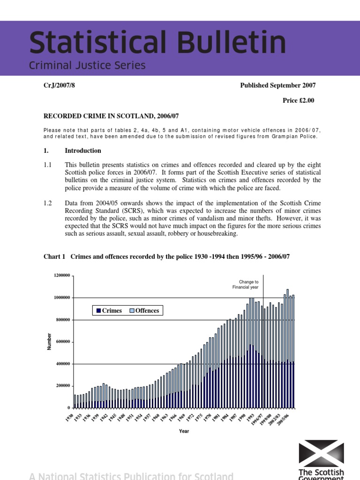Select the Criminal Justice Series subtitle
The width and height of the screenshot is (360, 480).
coord(87,66)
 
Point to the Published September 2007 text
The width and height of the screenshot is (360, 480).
coord(277,85)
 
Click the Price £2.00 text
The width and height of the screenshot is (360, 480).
coord(299,101)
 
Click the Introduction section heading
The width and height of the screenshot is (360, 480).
coord(82,151)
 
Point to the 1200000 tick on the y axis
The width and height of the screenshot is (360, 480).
coord(62,276)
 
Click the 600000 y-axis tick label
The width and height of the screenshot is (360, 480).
coord(63,342)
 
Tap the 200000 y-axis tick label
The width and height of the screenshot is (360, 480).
coord(63,386)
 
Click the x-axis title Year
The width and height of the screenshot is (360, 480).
coord(184,431)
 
